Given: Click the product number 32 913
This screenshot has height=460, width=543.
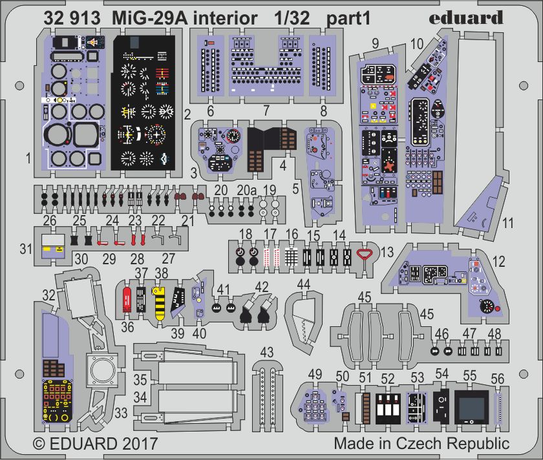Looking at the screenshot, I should coord(72,19).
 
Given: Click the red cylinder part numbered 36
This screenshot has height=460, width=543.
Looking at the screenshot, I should coord(128,299).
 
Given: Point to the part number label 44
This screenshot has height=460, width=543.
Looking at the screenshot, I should coord(303,284).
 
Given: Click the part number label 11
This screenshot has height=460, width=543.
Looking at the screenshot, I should coord(507,224).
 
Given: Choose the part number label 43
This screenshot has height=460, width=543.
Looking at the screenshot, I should coord(266,352).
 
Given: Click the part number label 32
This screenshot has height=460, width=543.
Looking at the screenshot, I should coord(48,295).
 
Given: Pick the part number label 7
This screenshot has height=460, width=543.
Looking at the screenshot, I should coord(266,110).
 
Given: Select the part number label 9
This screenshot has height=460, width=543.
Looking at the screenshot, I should coord(375,45).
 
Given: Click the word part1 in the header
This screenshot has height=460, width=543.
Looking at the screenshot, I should coord(348,19).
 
